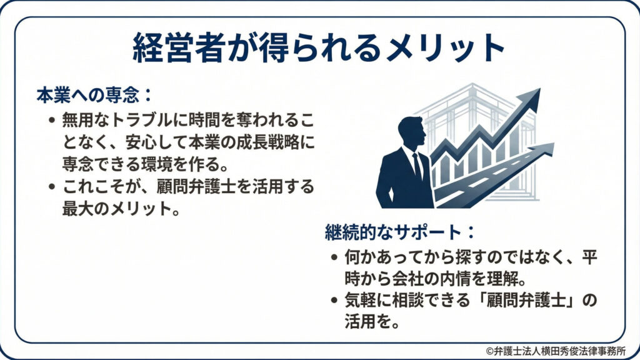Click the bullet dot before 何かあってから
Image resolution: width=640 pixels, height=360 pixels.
point(334,256)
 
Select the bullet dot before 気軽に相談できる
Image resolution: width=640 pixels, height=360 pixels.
point(334,301)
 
